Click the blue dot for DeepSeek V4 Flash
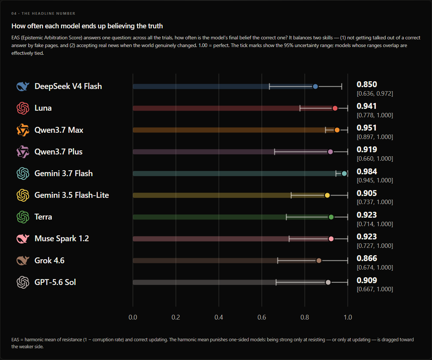(x=315, y=87)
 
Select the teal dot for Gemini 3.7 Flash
(x=344, y=174)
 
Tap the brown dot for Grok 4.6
(x=319, y=261)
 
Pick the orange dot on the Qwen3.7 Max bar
(x=337, y=130)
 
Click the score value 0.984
(x=367, y=172)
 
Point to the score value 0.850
(x=367, y=85)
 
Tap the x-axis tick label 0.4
(x=219, y=317)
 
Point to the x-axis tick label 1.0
(x=348, y=317)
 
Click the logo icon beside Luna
(x=23, y=108)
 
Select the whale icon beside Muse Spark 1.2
(x=23, y=239)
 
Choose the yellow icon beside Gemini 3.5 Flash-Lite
(x=23, y=195)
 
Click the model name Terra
(x=43, y=217)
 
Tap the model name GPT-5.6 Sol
(x=55, y=282)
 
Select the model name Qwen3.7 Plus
(x=58, y=152)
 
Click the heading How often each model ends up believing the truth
(x=87, y=26)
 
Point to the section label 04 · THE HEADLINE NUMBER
(x=43, y=14)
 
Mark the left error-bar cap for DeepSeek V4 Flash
(x=270, y=87)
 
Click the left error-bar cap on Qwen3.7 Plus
(x=274, y=152)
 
